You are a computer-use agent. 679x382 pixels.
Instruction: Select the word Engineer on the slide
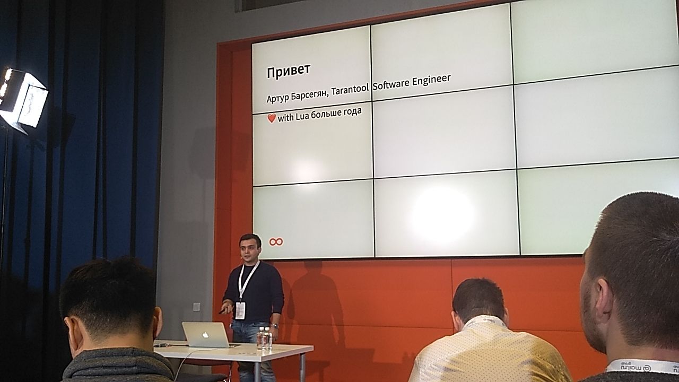pyautogui.click(x=431, y=80)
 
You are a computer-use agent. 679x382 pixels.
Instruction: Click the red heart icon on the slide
pyautogui.click(x=271, y=118)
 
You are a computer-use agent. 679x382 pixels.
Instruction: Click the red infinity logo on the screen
pyautogui.click(x=276, y=241)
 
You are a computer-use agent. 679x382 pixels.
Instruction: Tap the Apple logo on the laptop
pyautogui.click(x=205, y=335)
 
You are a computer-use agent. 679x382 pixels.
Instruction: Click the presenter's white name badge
pyautogui.click(x=240, y=310)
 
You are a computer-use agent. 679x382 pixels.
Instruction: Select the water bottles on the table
pyautogui.click(x=264, y=338)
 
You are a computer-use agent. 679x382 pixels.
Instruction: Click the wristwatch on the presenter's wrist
pyautogui.click(x=274, y=326)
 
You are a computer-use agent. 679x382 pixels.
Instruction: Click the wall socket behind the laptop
pyautogui.click(x=196, y=307)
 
